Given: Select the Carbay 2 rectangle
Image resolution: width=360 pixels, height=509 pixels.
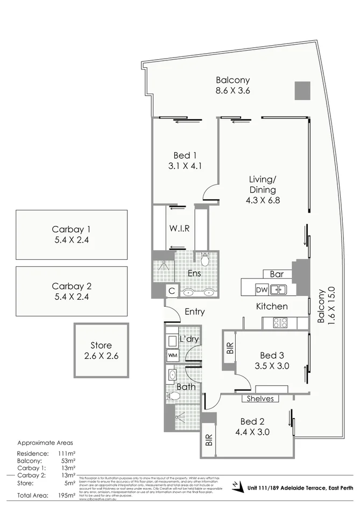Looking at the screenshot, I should coord(72,291).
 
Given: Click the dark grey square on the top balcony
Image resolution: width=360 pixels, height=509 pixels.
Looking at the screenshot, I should coord(302,90).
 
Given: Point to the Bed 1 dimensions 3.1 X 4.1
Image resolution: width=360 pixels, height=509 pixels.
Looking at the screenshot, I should coord(185,166).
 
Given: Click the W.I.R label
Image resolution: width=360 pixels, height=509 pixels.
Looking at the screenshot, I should coord(179,228).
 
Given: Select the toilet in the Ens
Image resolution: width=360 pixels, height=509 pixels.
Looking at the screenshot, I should coord(204,260).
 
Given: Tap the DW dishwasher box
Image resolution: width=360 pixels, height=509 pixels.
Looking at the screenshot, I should coord(262,290).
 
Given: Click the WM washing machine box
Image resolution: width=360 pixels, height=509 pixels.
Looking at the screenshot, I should coord(173,355).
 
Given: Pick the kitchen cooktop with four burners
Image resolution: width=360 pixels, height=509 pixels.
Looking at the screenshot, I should coord(280,323).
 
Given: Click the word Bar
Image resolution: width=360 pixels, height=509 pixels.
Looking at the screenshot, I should coord(277,274).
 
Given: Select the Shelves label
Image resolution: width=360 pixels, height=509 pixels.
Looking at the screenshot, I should coord(260,399).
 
